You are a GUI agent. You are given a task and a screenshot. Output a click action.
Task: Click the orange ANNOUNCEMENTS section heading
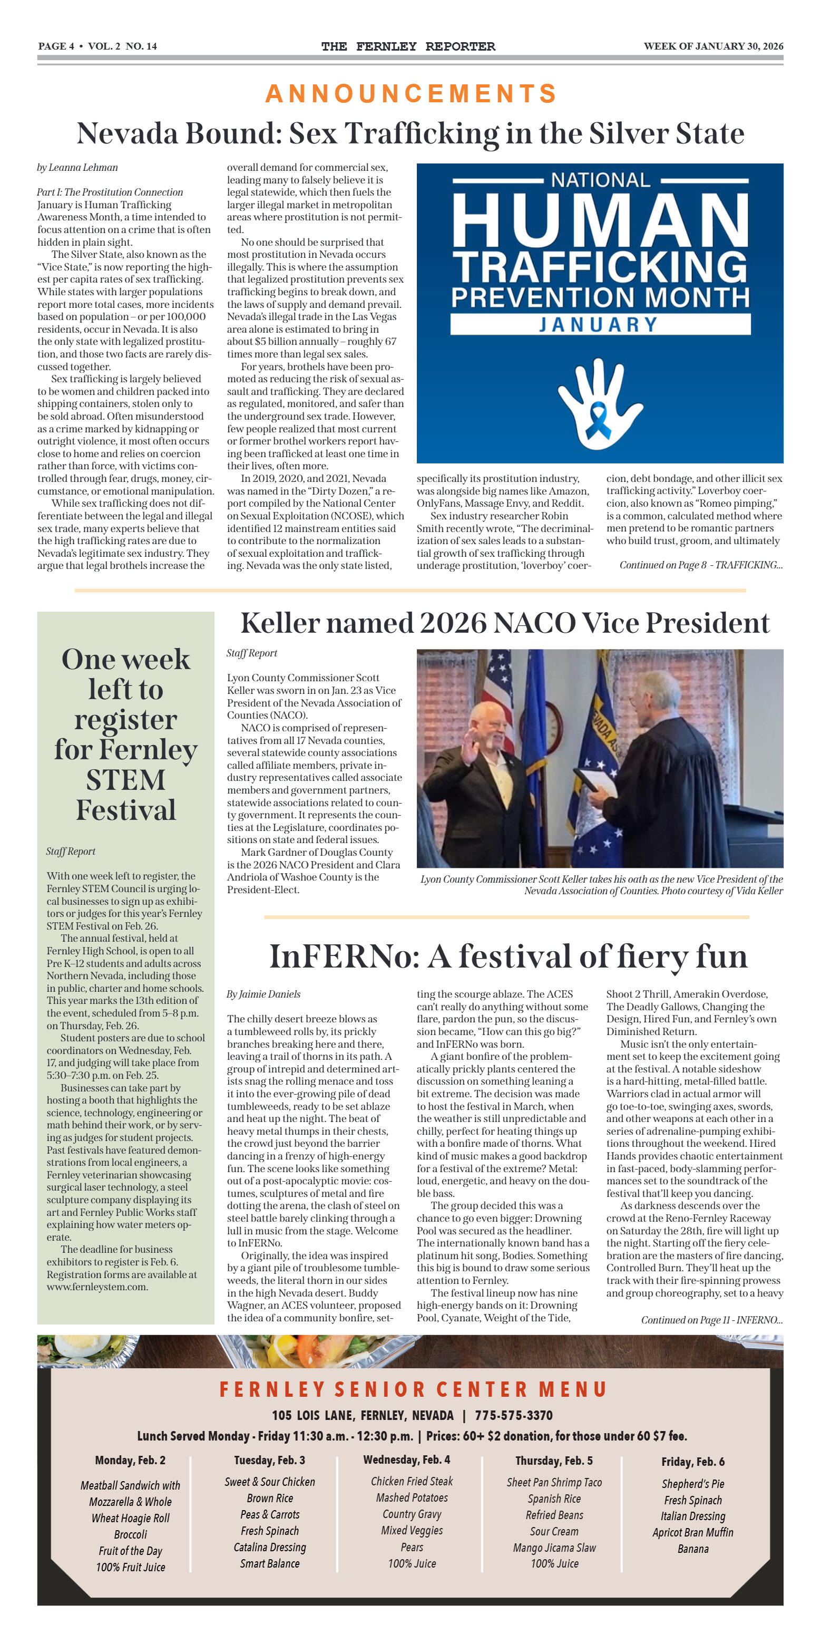coord(410,94)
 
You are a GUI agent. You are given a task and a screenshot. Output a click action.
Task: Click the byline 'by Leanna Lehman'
coord(77,168)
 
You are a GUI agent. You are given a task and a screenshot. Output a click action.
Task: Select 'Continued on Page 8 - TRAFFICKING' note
coord(700,565)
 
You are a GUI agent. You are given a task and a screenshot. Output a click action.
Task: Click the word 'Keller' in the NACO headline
coord(282,623)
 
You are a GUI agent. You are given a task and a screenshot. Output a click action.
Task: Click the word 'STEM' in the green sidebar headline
coord(125,780)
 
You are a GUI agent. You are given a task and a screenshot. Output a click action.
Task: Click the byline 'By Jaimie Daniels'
coord(263,994)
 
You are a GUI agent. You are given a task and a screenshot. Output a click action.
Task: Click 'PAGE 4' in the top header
coord(56,46)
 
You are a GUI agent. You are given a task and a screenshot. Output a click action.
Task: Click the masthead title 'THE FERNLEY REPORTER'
coord(408,46)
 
